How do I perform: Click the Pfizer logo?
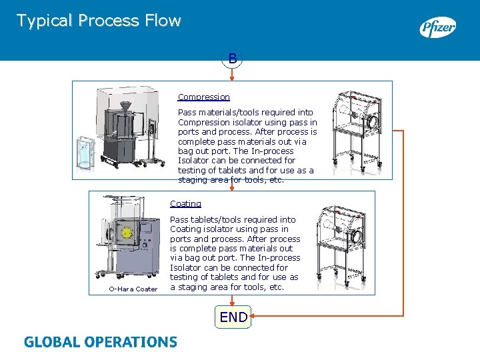pos(437,28)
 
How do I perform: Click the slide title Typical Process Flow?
pos(99,21)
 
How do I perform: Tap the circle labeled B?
pos(232,59)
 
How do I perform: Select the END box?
pos(233,317)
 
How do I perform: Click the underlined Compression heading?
pos(203,97)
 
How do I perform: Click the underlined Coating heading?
pos(185,204)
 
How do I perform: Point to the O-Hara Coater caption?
pos(133,289)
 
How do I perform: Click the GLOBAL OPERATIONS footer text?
pos(101,342)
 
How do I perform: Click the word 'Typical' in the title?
pos(45,21)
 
